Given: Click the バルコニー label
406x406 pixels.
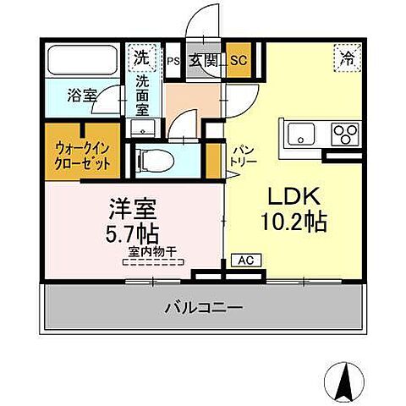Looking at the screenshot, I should pyautogui.click(x=202, y=306).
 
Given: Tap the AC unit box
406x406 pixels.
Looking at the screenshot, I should pyautogui.click(x=243, y=261).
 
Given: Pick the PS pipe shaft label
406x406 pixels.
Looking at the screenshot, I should pyautogui.click(x=173, y=61).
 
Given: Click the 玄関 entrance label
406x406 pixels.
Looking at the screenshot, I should pyautogui.click(x=202, y=60).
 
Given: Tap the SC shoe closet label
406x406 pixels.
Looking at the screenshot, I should pyautogui.click(x=238, y=61).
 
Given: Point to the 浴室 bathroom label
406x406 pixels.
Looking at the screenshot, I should pyautogui.click(x=81, y=96).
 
